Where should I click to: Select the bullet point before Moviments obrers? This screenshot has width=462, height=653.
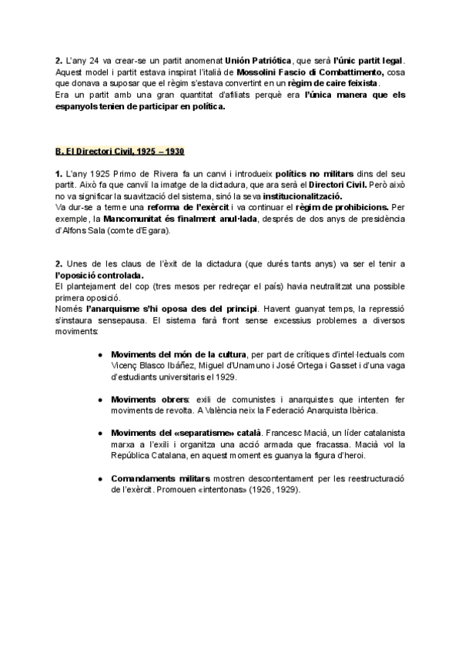(101, 400)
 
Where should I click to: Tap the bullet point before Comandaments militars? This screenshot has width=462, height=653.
(101, 479)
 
